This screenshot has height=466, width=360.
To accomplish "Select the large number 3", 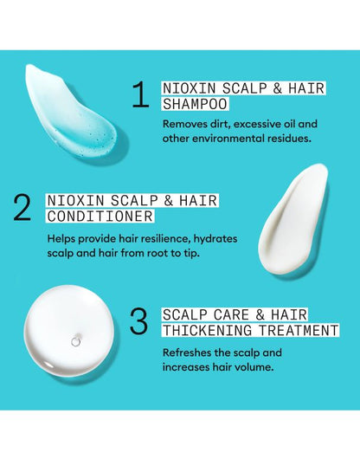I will (x=139, y=321).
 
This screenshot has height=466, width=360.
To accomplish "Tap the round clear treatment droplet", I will (x=72, y=337).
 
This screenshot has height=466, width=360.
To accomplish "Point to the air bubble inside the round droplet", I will (x=75, y=341).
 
